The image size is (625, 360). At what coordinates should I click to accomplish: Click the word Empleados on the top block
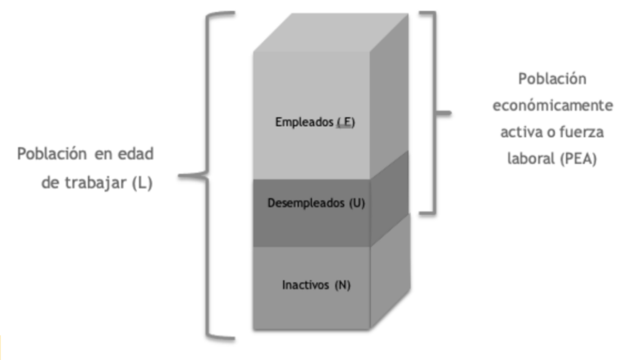(298, 123)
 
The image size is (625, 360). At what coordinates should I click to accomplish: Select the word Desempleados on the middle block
(306, 203)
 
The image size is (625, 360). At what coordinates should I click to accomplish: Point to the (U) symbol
(357, 203)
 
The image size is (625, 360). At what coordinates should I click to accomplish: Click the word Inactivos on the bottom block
(305, 285)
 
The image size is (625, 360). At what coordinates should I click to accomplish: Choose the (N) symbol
(342, 286)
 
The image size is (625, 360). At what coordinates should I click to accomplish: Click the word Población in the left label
(52, 154)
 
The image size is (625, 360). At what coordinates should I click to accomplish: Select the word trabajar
(96, 183)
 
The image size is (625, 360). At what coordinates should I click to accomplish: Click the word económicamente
(553, 106)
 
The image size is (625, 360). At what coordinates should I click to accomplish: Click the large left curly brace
(208, 175)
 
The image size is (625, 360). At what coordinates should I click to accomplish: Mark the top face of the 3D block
(331, 33)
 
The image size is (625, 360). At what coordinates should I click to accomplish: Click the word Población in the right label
(552, 79)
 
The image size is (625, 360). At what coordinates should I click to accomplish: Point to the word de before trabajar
(51, 183)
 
